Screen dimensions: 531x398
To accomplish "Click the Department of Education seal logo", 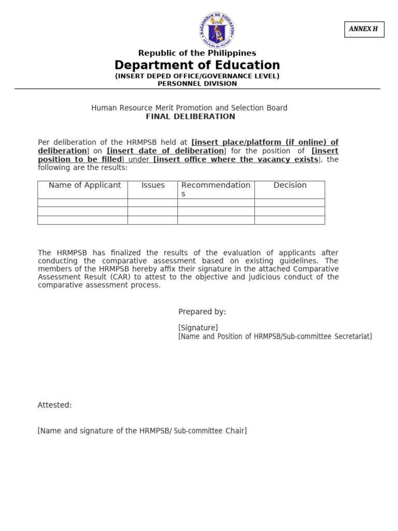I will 217,30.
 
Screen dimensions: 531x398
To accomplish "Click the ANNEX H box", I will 364,30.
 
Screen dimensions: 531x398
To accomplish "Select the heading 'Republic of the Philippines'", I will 197,53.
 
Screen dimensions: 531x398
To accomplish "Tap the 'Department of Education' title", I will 197,65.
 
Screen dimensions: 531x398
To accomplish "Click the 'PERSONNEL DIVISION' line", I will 197,83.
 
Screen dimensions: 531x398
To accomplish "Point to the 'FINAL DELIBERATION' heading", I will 190,117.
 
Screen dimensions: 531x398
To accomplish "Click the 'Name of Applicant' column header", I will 84,185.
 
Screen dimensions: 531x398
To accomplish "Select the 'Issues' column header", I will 153,185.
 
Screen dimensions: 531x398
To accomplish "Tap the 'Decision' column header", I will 290,185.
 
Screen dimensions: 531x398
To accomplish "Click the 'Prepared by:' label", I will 202,312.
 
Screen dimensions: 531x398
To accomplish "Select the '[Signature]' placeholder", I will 198,328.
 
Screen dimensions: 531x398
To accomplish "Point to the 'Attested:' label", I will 54,405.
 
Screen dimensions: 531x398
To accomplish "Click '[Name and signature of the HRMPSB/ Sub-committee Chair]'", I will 142,431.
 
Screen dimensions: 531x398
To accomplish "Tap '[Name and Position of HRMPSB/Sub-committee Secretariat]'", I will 275,337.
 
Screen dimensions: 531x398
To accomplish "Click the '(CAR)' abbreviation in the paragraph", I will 134,277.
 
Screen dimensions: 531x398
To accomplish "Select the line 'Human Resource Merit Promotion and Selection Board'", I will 189,108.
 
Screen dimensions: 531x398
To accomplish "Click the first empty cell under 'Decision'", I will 290,203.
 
